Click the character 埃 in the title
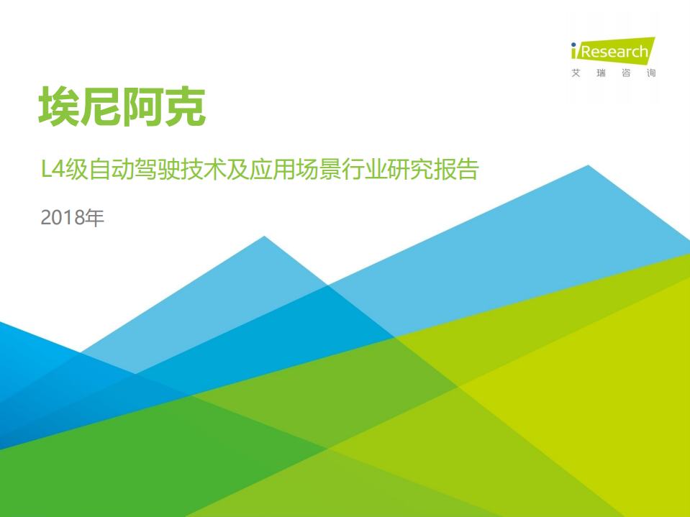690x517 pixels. [x=60, y=108]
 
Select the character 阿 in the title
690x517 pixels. [x=144, y=108]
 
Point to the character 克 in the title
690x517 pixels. [x=186, y=108]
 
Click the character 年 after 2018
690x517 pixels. [x=95, y=217]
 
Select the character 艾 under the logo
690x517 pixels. [x=575, y=73]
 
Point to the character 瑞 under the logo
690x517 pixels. [x=601, y=73]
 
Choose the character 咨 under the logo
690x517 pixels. [x=626, y=73]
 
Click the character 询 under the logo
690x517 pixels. [x=651, y=73]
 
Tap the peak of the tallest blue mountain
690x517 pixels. [x=589, y=167]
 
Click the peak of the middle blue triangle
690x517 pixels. [x=265, y=237]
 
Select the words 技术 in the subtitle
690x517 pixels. [x=214, y=171]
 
